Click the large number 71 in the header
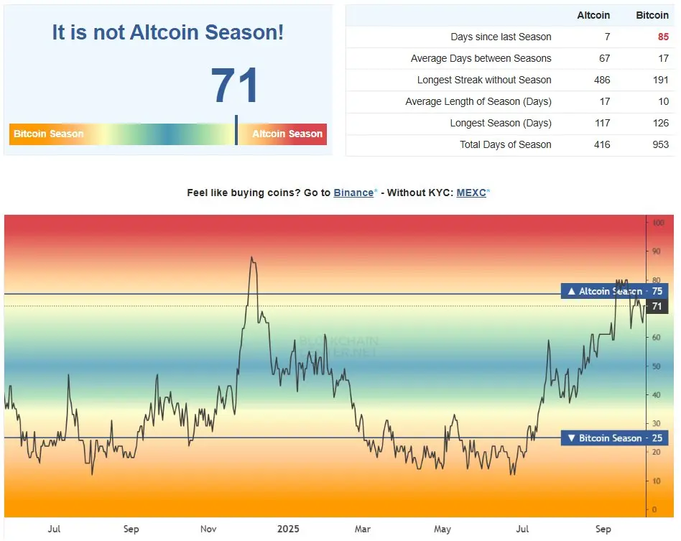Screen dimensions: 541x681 (x=235, y=86)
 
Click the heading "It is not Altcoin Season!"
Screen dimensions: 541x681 (x=167, y=32)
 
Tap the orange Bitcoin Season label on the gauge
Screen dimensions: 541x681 (x=48, y=134)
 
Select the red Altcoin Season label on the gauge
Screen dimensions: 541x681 (x=287, y=134)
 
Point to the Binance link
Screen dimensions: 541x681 (x=353, y=193)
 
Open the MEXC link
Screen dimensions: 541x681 (x=471, y=193)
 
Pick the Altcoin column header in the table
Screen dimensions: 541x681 (x=593, y=15)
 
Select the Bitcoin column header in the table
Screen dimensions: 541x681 (x=652, y=15)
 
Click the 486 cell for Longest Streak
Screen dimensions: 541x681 (x=602, y=80)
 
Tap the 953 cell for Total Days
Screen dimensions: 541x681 (x=660, y=144)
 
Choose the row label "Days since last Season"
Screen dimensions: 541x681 (x=501, y=37)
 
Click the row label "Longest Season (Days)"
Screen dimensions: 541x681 (x=501, y=123)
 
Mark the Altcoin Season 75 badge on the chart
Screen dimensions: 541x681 (x=614, y=292)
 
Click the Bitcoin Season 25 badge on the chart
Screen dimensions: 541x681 (x=614, y=438)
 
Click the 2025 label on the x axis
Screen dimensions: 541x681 (x=287, y=530)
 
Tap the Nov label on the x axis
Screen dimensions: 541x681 (x=208, y=530)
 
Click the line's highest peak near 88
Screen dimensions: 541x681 (x=251, y=257)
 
